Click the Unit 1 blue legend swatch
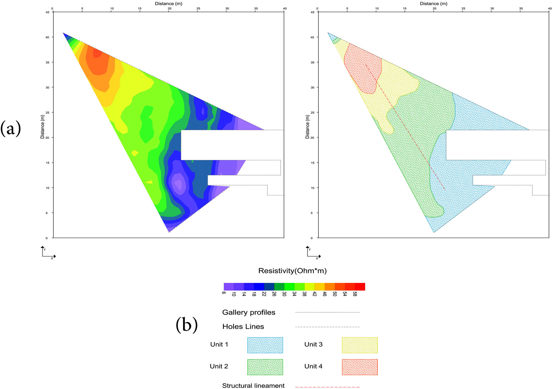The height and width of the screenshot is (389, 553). point(265,345)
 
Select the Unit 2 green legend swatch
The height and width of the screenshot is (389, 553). point(265,367)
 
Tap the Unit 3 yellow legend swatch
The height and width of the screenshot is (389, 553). point(359,345)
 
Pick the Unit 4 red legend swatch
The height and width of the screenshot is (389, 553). point(359,367)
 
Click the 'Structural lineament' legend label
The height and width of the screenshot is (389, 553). point(253,385)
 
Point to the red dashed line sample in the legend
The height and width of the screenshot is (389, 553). point(327,387)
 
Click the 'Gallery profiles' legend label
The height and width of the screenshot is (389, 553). point(249,312)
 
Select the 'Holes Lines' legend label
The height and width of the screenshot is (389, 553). point(243,327)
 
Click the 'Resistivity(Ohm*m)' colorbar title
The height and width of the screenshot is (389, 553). point(292,271)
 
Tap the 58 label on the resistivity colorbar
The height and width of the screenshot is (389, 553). point(355,294)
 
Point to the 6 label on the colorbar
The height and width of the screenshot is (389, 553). point(223,293)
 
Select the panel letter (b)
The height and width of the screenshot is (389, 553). point(187,325)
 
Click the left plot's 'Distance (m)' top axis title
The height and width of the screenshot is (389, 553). point(168,4)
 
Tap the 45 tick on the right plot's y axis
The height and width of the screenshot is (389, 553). point(312,12)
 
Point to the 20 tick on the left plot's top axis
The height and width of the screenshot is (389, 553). point(169,9)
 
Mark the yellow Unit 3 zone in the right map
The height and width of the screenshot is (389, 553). point(398,83)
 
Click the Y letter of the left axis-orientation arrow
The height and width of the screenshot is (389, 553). point(45,250)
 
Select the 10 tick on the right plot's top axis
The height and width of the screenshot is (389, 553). point(377,9)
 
